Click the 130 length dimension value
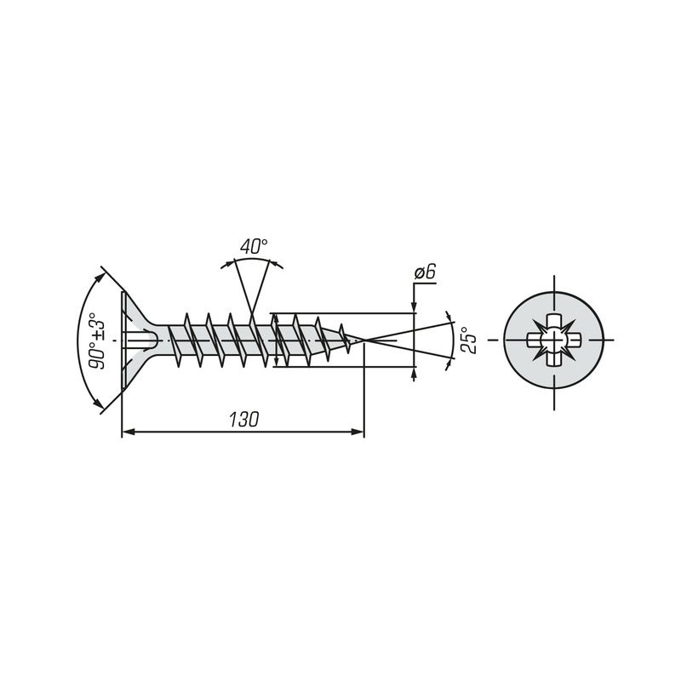[243, 419]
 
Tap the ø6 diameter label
[424, 272]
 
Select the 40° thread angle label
[254, 246]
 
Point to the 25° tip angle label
[470, 340]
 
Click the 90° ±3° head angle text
[97, 340]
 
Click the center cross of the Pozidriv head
[554, 340]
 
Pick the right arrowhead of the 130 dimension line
[358, 432]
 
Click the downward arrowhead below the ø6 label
[414, 306]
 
